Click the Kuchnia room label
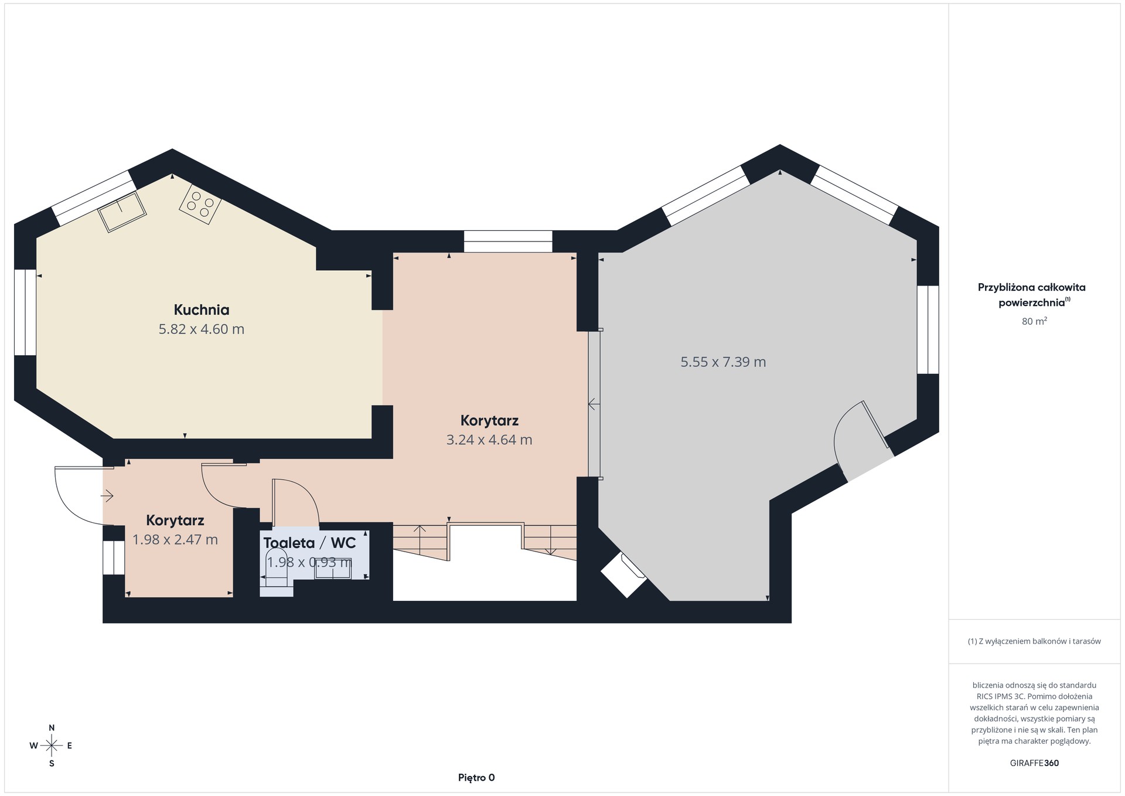point(201,309)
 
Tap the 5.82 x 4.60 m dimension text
point(201,329)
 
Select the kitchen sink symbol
point(122,212)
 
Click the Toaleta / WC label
point(309,543)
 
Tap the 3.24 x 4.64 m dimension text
point(489,440)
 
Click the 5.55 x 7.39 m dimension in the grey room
point(723,362)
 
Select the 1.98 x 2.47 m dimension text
point(175,539)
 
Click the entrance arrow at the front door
point(107,496)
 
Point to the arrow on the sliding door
point(594,404)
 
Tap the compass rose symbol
point(52,746)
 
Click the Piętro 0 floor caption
point(476,778)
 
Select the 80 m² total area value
point(1034,321)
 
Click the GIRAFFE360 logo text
point(1034,763)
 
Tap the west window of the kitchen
point(25,312)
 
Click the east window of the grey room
point(928,329)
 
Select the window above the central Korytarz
point(508,241)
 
